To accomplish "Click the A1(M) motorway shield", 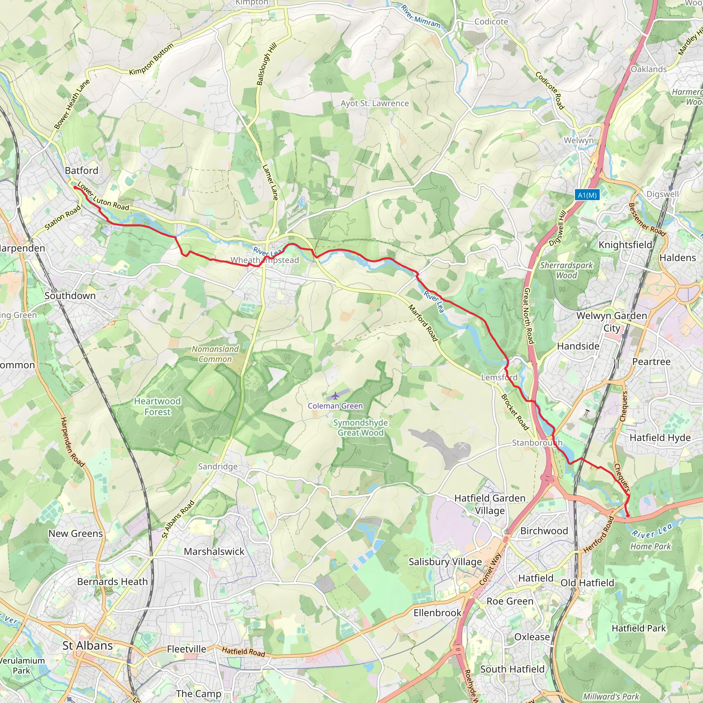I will [587, 195].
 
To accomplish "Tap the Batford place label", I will [81, 171].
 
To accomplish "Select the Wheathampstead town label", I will [265, 260].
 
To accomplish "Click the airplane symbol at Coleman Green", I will [335, 395].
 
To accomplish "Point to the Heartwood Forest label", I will [157, 406].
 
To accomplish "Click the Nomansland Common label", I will [215, 354].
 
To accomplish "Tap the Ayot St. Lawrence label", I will [374, 103].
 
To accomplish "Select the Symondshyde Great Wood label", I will [360, 428].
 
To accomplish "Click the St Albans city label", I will [88, 646].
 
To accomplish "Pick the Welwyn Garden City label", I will [611, 322].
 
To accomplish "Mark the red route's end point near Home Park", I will [628, 516].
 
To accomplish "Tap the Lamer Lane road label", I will [270, 182].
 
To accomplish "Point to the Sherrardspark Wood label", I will [566, 270].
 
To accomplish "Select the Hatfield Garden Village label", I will [490, 504].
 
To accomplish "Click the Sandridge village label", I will [218, 466].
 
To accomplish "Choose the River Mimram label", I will [420, 17].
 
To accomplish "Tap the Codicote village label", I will [491, 22].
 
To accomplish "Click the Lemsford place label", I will [499, 377].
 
